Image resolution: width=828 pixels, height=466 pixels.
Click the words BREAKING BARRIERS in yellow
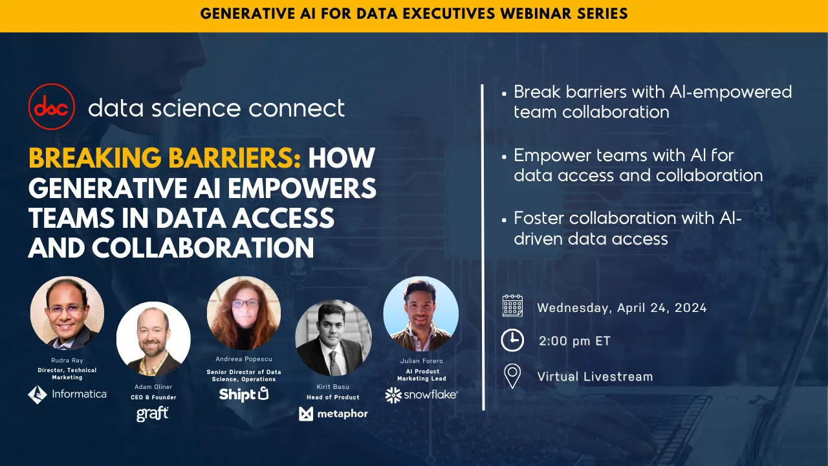[x=164, y=157]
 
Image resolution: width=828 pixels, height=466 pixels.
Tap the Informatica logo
[x=67, y=394]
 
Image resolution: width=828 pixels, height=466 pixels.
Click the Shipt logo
[x=243, y=394]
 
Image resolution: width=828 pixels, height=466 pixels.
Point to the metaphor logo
[x=333, y=414]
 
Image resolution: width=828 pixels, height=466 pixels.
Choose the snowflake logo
[x=421, y=395]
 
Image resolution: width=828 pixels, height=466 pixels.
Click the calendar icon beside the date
[x=512, y=305]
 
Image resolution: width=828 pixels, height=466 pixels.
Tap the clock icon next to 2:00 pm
[x=512, y=340]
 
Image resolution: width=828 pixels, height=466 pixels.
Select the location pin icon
[x=512, y=376]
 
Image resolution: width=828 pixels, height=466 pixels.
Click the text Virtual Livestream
[x=594, y=377]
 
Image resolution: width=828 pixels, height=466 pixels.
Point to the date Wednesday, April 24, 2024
[x=622, y=308]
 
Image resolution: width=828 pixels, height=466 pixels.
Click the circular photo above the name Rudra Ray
[x=67, y=313]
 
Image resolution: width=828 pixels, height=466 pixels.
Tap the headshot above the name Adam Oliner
[x=153, y=338]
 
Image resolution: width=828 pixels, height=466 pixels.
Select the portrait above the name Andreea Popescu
[x=244, y=313]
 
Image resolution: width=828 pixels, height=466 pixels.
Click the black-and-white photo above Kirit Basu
[x=333, y=337]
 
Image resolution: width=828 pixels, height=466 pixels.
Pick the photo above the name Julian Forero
[x=421, y=313]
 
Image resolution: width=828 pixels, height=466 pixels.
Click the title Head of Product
[x=333, y=397]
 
